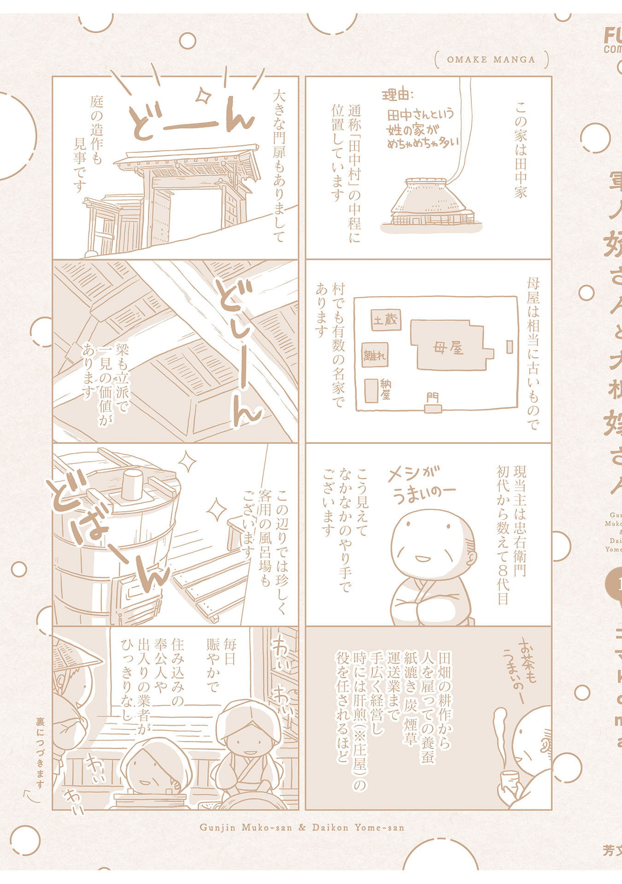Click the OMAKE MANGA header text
point(491,59)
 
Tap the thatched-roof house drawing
point(430,203)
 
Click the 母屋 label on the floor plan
point(448,349)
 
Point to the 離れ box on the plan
point(375,355)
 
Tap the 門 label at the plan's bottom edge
point(432,397)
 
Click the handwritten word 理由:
point(398,95)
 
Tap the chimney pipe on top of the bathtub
point(132,483)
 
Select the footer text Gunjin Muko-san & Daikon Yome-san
point(302,827)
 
